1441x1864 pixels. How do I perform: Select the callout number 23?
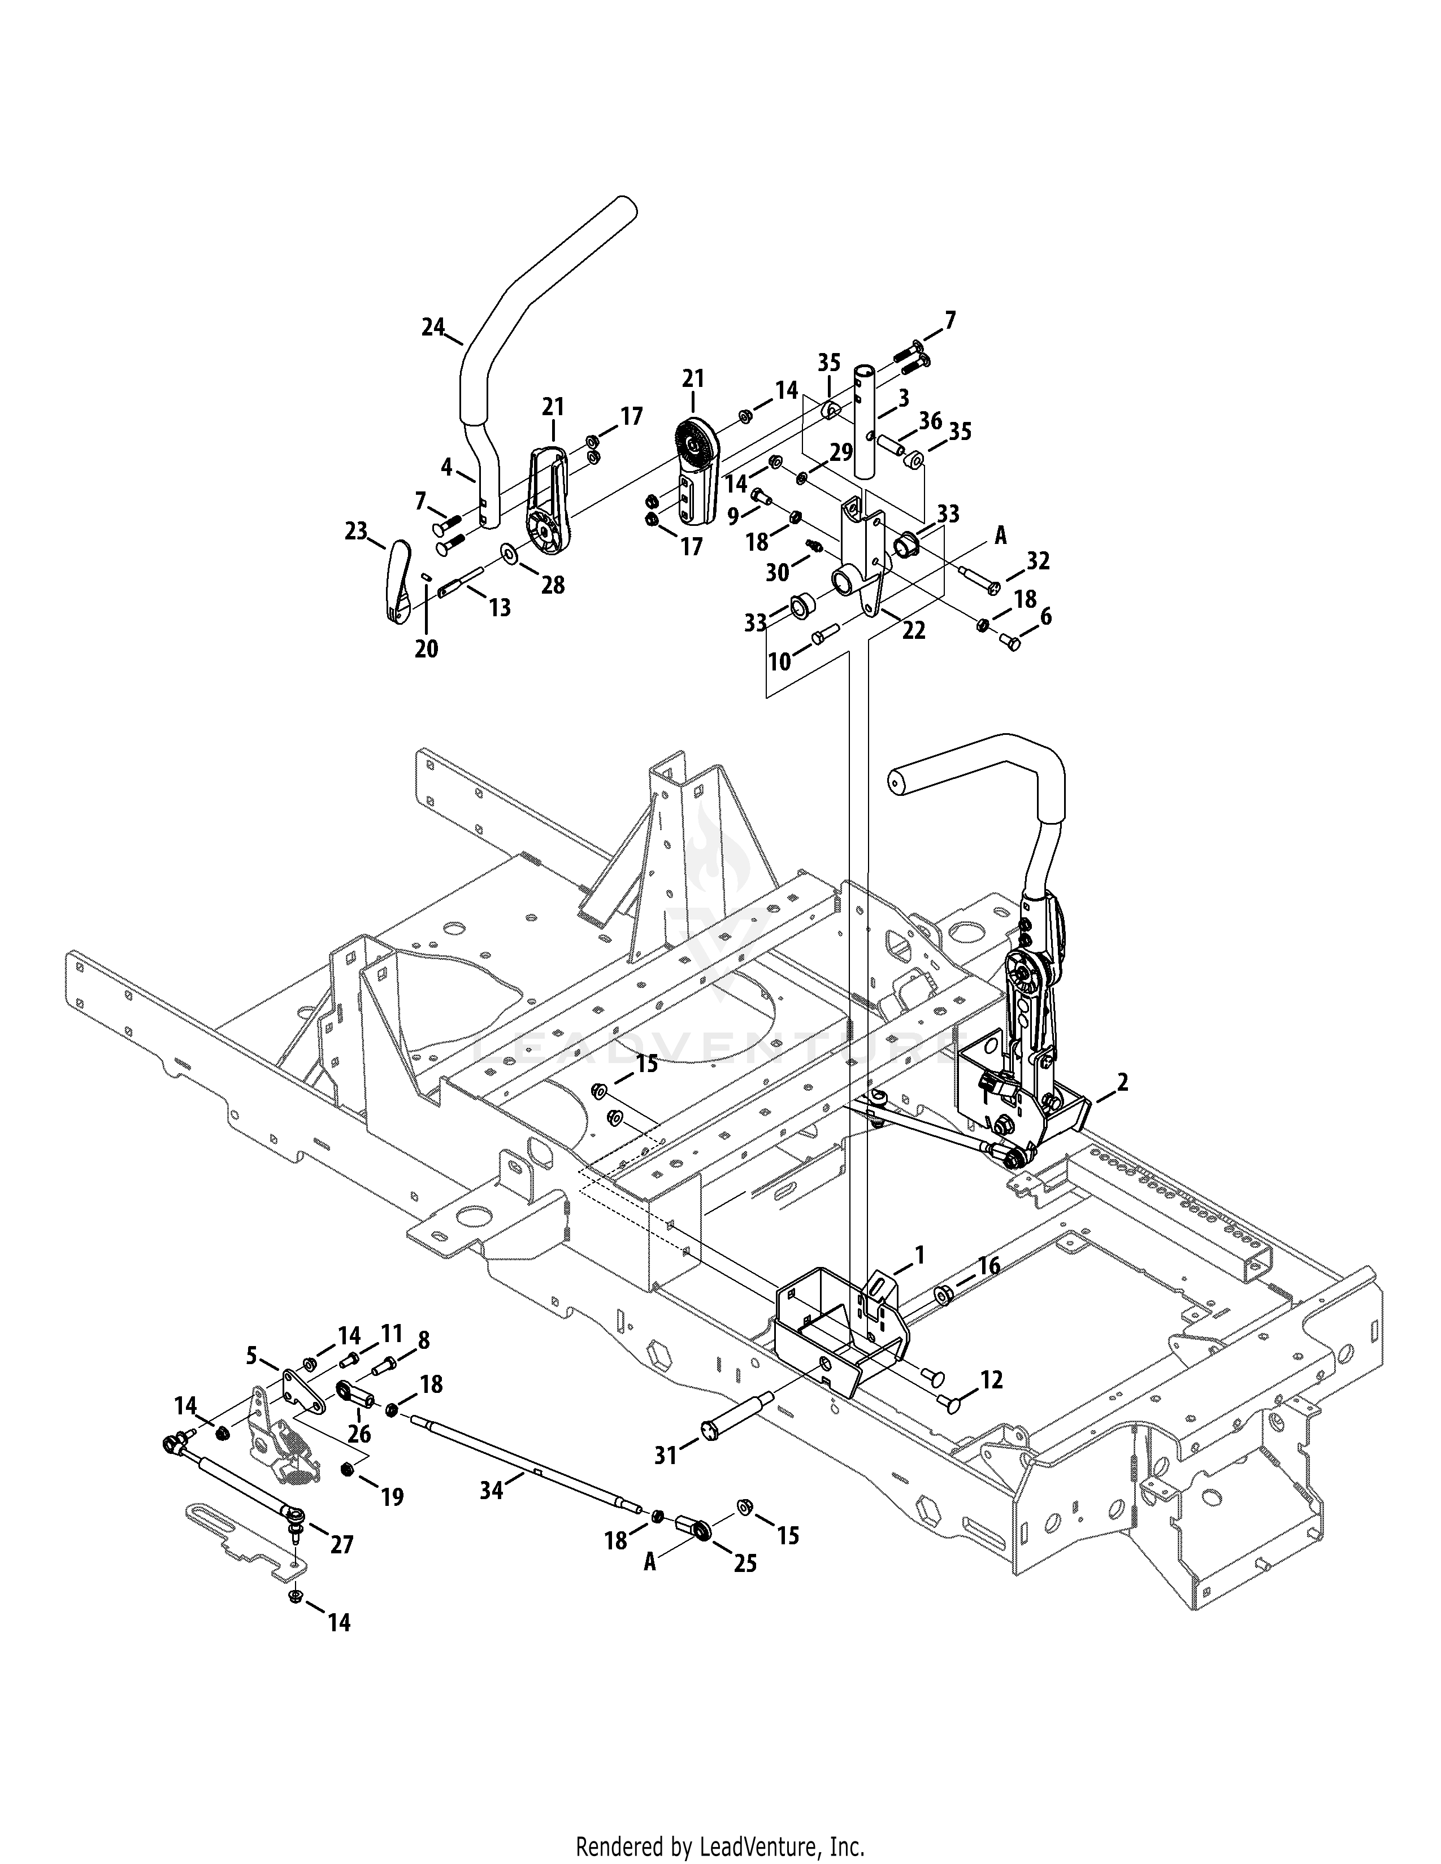point(356,531)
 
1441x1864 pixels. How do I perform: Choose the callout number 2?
point(1123,1082)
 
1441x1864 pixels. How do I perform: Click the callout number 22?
point(913,631)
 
